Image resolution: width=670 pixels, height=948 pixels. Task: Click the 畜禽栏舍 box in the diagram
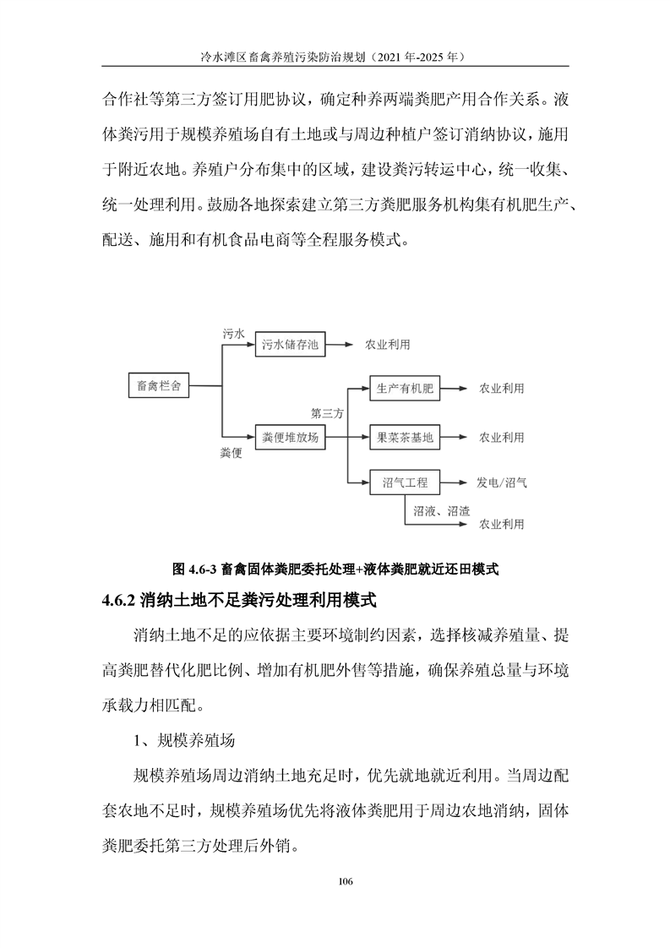click(158, 386)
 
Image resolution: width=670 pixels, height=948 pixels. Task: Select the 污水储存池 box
click(290, 345)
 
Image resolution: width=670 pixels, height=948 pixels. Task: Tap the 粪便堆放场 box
click(290, 437)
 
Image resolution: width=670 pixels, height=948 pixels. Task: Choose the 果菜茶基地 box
click(405, 437)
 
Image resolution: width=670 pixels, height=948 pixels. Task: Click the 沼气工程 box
click(405, 483)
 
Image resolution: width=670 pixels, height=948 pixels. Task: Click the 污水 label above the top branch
click(233, 334)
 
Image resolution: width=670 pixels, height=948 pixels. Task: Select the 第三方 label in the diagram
click(328, 414)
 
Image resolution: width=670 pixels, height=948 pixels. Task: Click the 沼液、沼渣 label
click(442, 510)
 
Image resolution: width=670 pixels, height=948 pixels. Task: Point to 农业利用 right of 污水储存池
click(388, 345)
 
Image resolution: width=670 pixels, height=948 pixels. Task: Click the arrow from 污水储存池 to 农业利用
click(340, 345)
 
